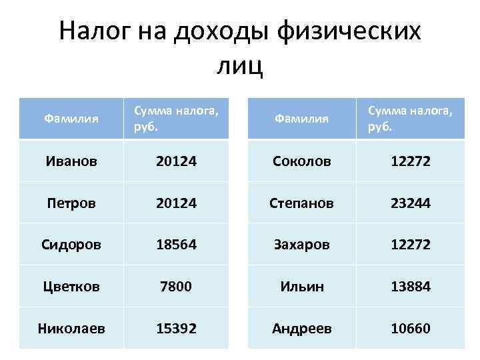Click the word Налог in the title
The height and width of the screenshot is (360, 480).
point(96,31)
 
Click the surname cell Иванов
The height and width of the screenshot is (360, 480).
point(71,161)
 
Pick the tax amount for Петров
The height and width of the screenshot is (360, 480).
point(176,202)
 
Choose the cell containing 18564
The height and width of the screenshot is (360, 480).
point(176,244)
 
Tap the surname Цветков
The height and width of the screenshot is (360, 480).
point(71,286)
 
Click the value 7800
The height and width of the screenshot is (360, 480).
point(176,286)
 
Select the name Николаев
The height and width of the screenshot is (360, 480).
point(71,328)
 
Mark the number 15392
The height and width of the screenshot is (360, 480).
point(176,328)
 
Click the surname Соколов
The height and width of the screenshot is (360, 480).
point(301,161)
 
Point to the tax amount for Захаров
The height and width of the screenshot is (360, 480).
point(411,244)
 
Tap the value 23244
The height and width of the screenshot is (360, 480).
point(411,202)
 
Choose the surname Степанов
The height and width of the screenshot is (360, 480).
point(301,202)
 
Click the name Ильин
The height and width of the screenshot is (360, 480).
point(301,286)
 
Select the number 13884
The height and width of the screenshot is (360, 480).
point(411,286)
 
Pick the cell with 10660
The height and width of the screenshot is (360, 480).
point(411,328)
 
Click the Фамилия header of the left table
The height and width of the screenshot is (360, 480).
point(71,119)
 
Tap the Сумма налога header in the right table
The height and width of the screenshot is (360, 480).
point(411,118)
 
